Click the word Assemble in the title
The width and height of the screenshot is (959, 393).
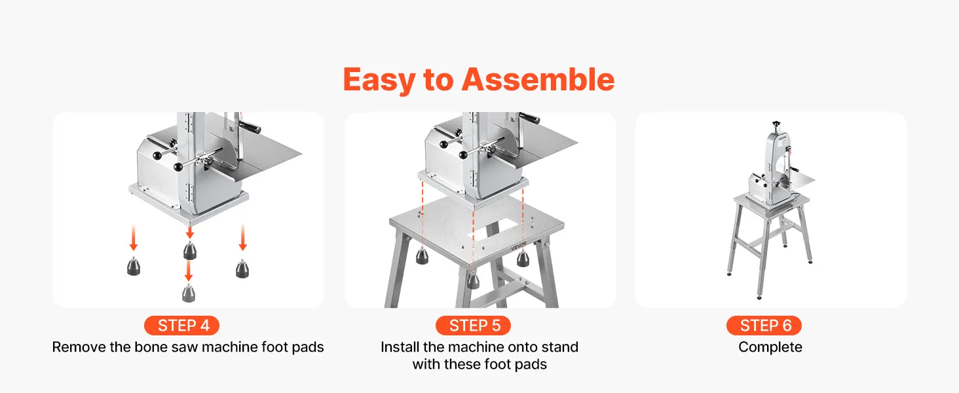point(538,80)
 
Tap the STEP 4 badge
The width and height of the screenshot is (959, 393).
point(182,326)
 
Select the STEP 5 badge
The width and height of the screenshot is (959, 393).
point(473,326)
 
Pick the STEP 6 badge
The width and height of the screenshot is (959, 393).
point(764,326)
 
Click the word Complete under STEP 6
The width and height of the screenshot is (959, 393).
point(770,346)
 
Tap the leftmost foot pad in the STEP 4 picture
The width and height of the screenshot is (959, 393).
point(134,266)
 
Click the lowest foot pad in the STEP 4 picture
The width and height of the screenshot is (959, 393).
point(189,293)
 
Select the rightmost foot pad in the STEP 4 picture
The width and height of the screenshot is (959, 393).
point(242,269)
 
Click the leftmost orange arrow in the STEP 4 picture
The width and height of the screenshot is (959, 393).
point(134,238)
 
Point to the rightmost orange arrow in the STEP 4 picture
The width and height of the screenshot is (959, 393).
point(243,238)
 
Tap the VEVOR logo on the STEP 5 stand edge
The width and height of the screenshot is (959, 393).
point(519,246)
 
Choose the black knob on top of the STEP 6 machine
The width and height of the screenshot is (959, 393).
point(776,124)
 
